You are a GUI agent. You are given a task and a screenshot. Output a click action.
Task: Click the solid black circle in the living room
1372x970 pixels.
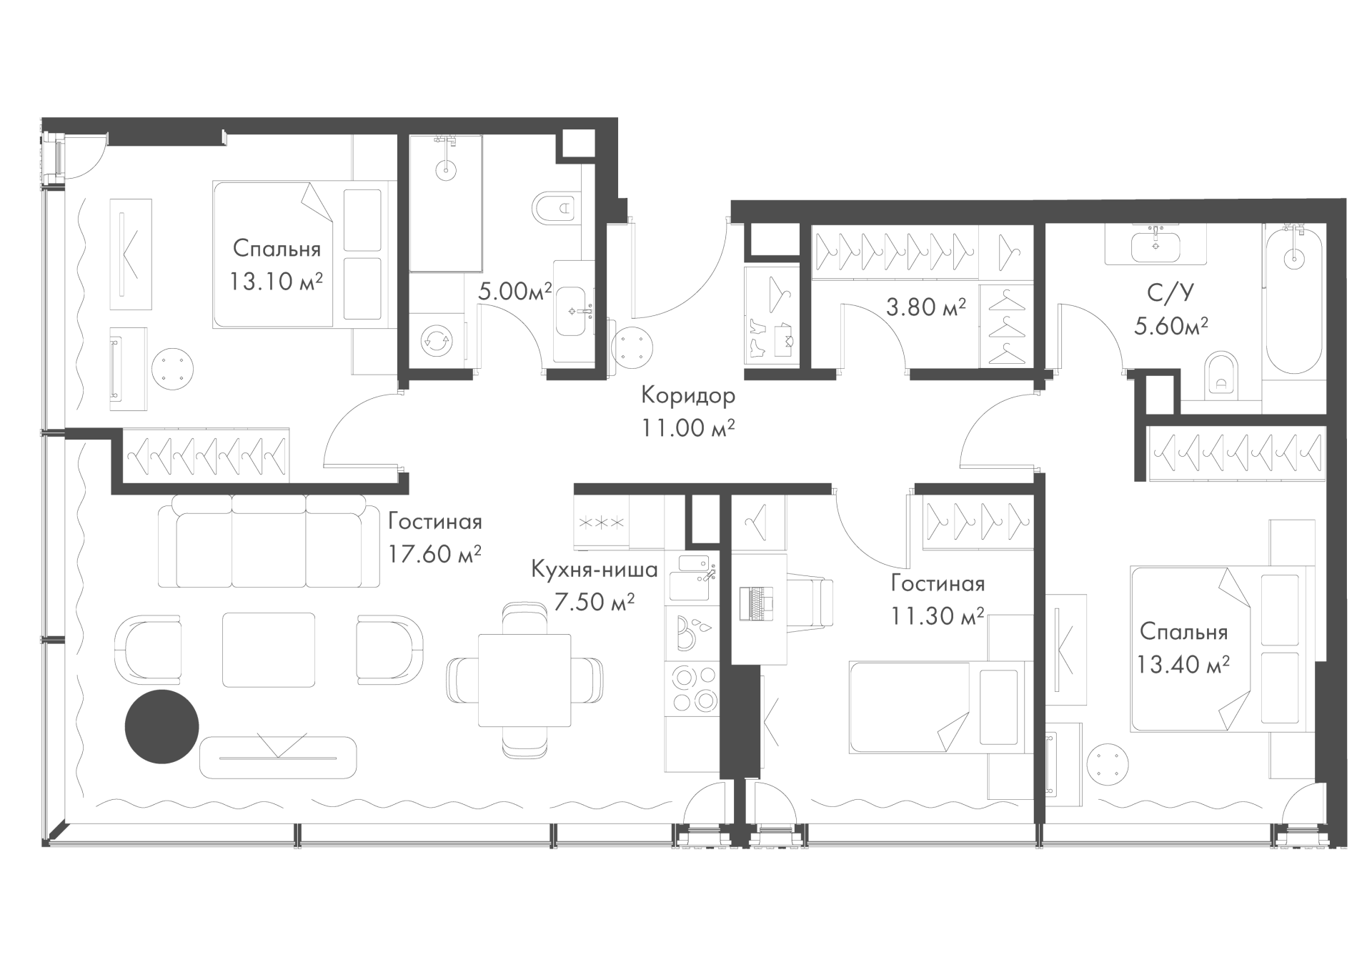pyautogui.click(x=161, y=727)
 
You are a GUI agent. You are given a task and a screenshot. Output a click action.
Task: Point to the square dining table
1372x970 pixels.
pyautogui.click(x=524, y=680)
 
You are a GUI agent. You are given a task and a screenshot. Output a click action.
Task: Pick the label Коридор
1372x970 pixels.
pyautogui.click(x=687, y=395)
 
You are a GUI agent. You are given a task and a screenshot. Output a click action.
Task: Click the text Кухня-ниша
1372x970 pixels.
pyautogui.click(x=595, y=570)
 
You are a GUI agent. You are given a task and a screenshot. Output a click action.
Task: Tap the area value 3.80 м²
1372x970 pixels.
pyautogui.click(x=926, y=307)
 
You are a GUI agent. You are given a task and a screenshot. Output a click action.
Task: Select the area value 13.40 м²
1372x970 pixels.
pyautogui.click(x=1183, y=665)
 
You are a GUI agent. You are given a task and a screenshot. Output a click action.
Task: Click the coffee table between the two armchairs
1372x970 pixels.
pyautogui.click(x=269, y=650)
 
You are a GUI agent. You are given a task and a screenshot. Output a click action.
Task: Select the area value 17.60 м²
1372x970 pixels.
pyautogui.click(x=434, y=554)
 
